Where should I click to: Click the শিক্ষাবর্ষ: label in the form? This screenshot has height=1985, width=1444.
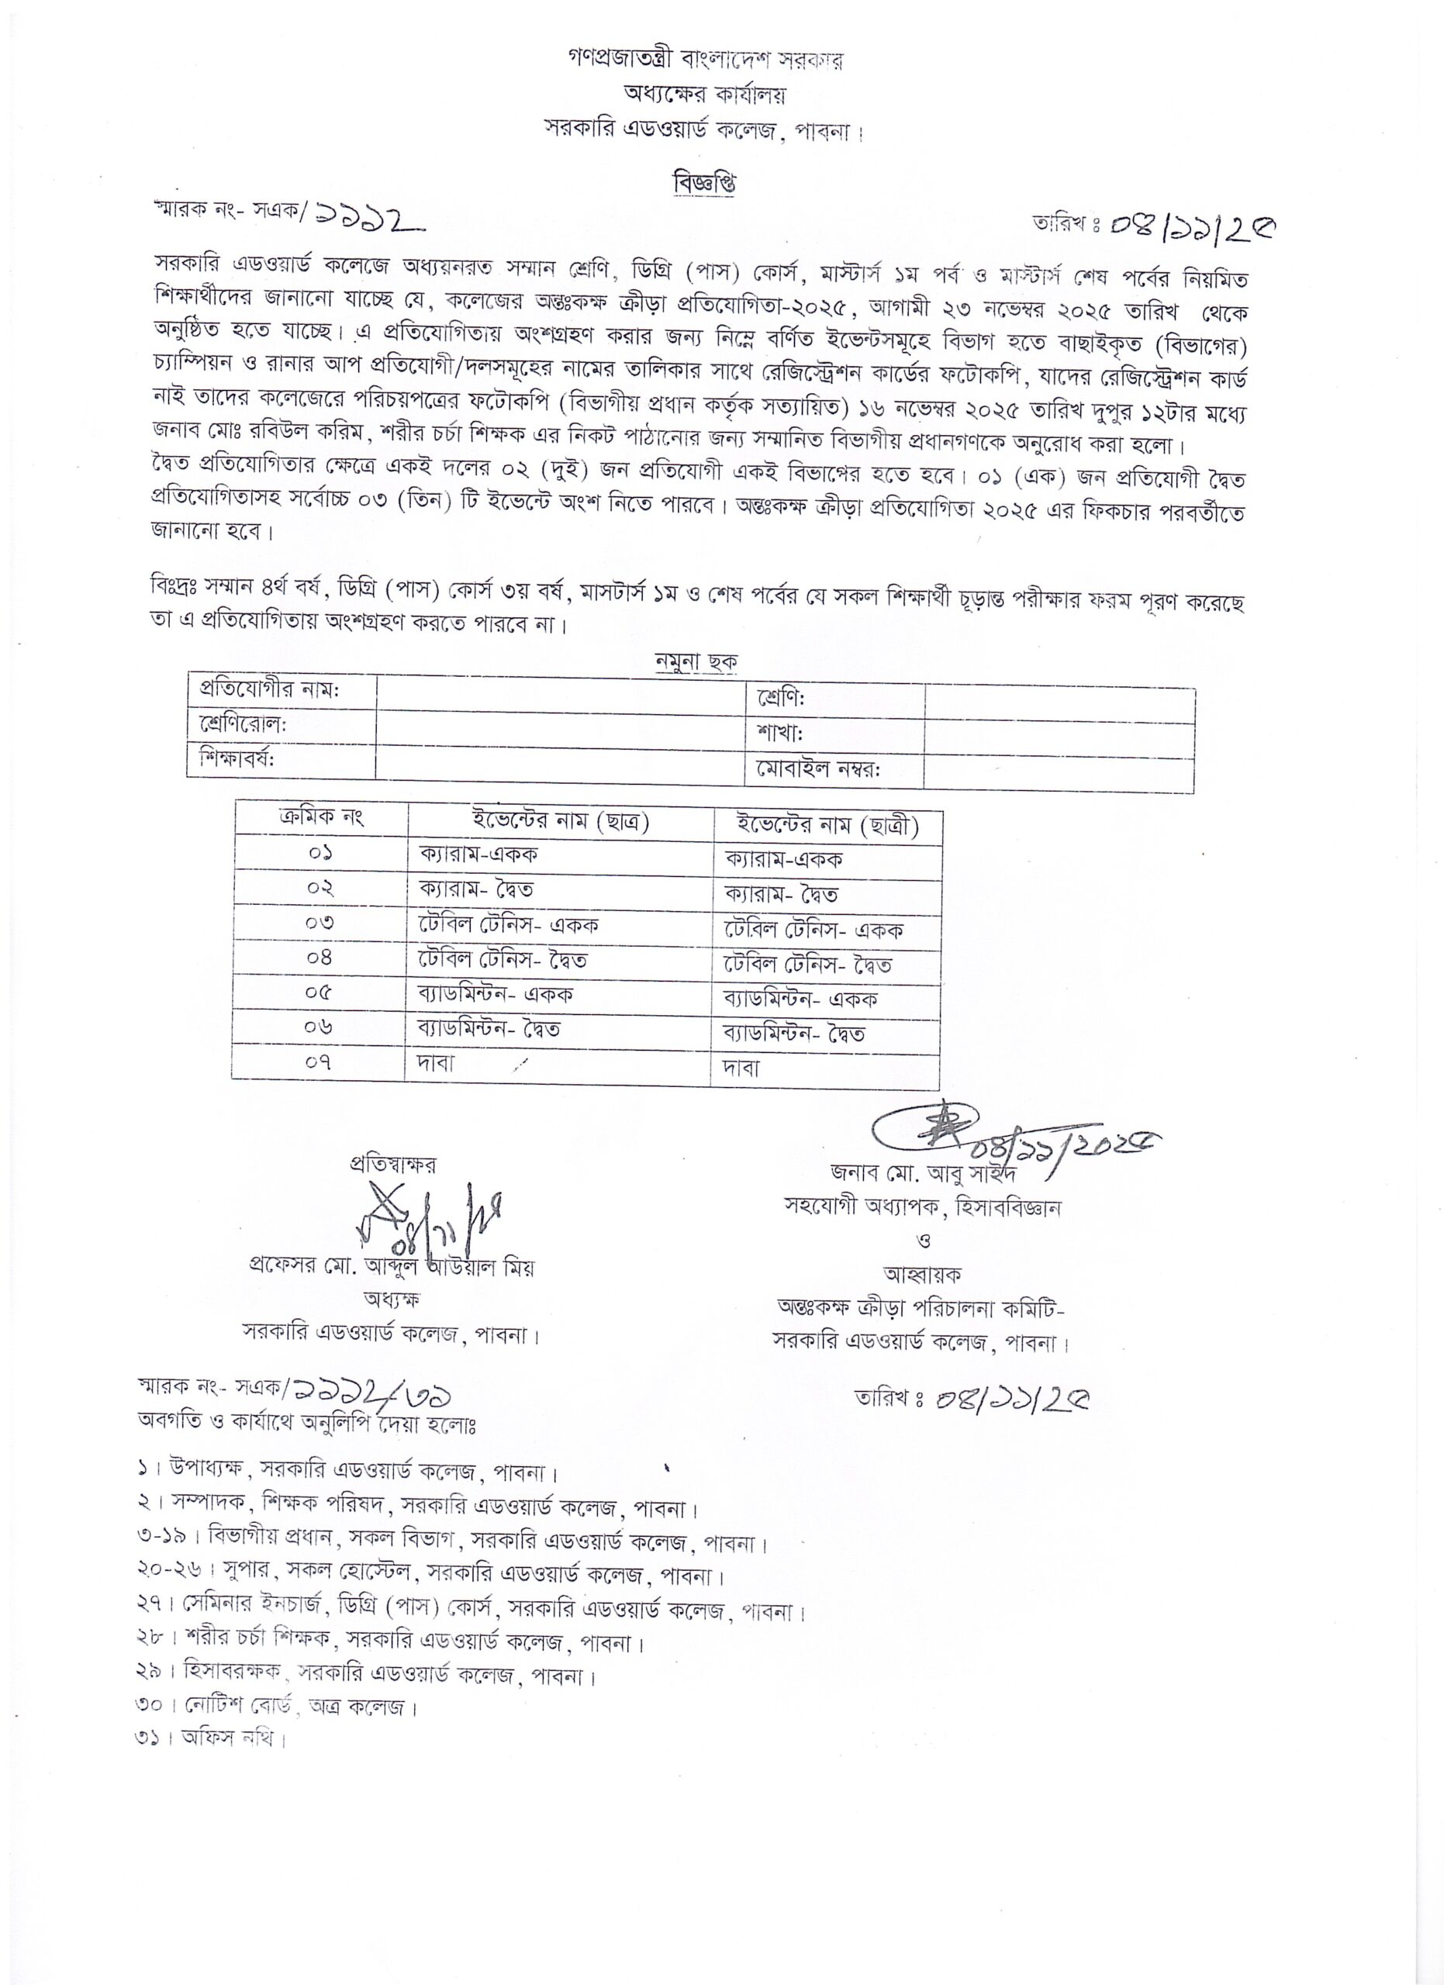237,758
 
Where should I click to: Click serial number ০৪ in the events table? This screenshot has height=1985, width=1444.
320,957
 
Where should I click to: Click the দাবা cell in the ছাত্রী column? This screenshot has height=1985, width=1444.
741,1067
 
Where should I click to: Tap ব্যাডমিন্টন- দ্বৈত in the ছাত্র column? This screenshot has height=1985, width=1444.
489,1029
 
